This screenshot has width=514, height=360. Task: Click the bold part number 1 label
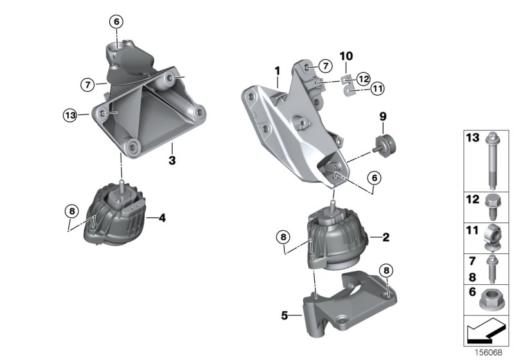point(278,71)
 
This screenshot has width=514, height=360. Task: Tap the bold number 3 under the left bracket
point(172,160)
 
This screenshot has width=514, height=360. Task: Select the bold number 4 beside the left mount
point(163,218)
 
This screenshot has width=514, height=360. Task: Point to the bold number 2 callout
point(386,237)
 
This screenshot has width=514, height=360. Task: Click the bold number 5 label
point(285,316)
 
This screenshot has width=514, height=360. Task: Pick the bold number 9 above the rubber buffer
point(383,116)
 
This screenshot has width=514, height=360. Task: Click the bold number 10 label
point(346,56)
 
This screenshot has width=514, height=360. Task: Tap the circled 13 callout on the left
point(70,115)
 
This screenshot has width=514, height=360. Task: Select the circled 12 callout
point(363,78)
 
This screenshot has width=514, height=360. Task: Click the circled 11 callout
point(378,88)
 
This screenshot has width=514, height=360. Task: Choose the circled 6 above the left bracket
point(117,22)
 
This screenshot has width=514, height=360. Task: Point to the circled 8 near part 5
point(387,271)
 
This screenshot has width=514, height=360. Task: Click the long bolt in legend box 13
point(492,161)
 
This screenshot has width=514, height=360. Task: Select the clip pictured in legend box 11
point(492,237)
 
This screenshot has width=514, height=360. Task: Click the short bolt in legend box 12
point(491,206)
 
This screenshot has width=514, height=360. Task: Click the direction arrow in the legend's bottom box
point(486,330)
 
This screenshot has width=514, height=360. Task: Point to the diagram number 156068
point(488,353)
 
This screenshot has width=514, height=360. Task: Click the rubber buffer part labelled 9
point(384,145)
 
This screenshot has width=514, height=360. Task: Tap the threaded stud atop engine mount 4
point(121,186)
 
